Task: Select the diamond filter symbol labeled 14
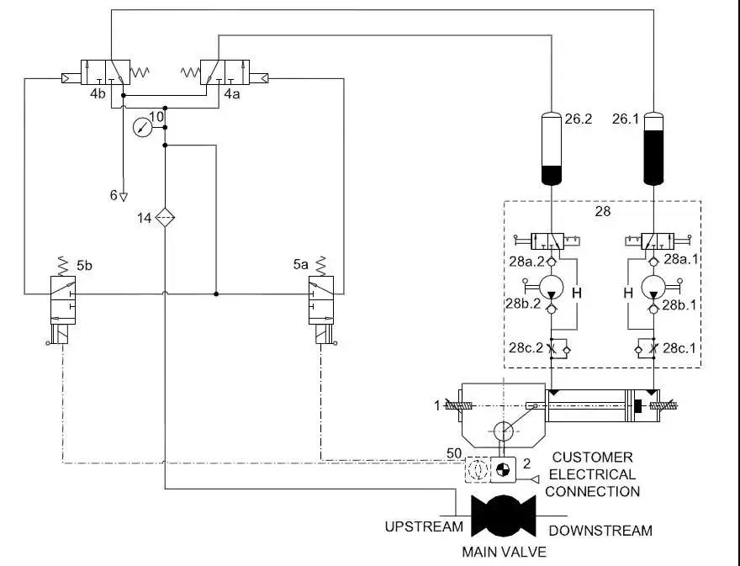pyautogui.click(x=166, y=218)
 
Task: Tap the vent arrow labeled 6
pyautogui.click(x=124, y=196)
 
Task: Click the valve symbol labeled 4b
pyautogui.click(x=105, y=71)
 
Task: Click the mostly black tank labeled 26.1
pyautogui.click(x=656, y=149)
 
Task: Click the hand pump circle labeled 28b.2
pyautogui.click(x=550, y=286)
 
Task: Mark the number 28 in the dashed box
pyautogui.click(x=603, y=212)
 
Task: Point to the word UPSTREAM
pyautogui.click(x=424, y=527)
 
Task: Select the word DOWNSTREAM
pyautogui.click(x=600, y=531)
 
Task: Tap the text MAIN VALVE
pyautogui.click(x=505, y=553)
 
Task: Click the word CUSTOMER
pyautogui.click(x=592, y=458)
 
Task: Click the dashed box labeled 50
pyautogui.click(x=477, y=470)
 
